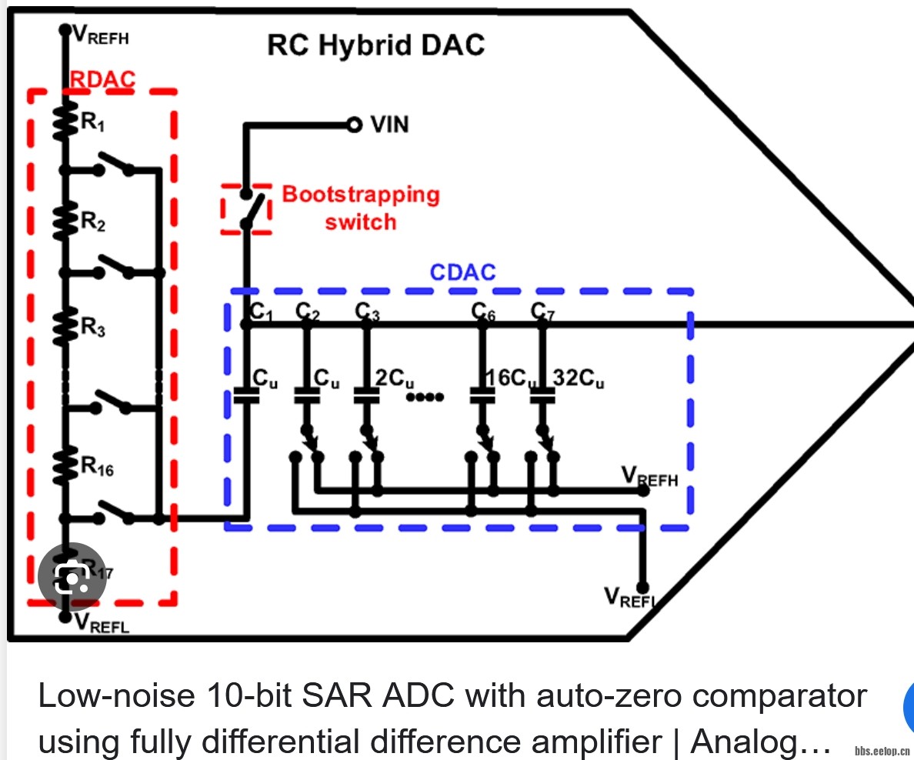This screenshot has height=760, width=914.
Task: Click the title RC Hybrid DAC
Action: click(375, 45)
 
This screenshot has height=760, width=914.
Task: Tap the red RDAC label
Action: click(102, 79)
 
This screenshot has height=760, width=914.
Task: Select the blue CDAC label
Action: click(462, 272)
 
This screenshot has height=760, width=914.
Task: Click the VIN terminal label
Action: click(389, 125)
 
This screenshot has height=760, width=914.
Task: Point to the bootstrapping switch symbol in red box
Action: click(247, 208)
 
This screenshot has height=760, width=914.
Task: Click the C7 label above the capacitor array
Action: click(543, 311)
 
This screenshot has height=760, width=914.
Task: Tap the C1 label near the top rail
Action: click(262, 311)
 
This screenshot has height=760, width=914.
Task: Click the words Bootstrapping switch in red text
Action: click(360, 208)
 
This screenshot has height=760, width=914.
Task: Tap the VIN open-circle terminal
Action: click(354, 125)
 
